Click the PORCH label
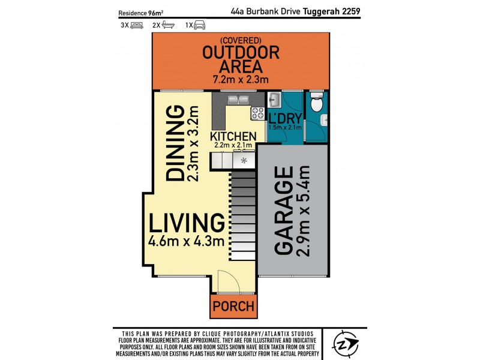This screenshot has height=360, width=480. click(232, 307)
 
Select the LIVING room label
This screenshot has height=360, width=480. click(187, 223)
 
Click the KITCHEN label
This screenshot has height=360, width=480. click(233, 137)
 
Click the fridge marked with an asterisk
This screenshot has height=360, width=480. click(244, 161)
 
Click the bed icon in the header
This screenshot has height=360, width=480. click(137, 25)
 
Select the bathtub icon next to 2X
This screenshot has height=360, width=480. click(169, 25)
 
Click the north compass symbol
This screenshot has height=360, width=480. click(346, 344)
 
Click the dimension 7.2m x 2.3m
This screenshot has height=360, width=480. click(241, 79)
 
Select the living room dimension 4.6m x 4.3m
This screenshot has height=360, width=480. click(187, 242)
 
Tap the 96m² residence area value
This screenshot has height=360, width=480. click(157, 12)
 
